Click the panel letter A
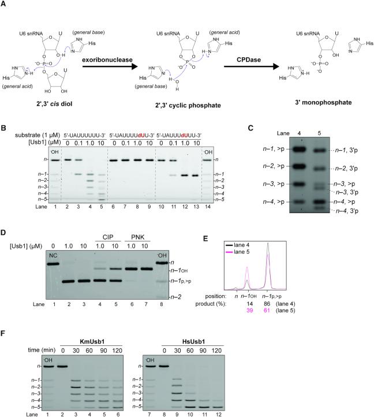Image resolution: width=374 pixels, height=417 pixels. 5,4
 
